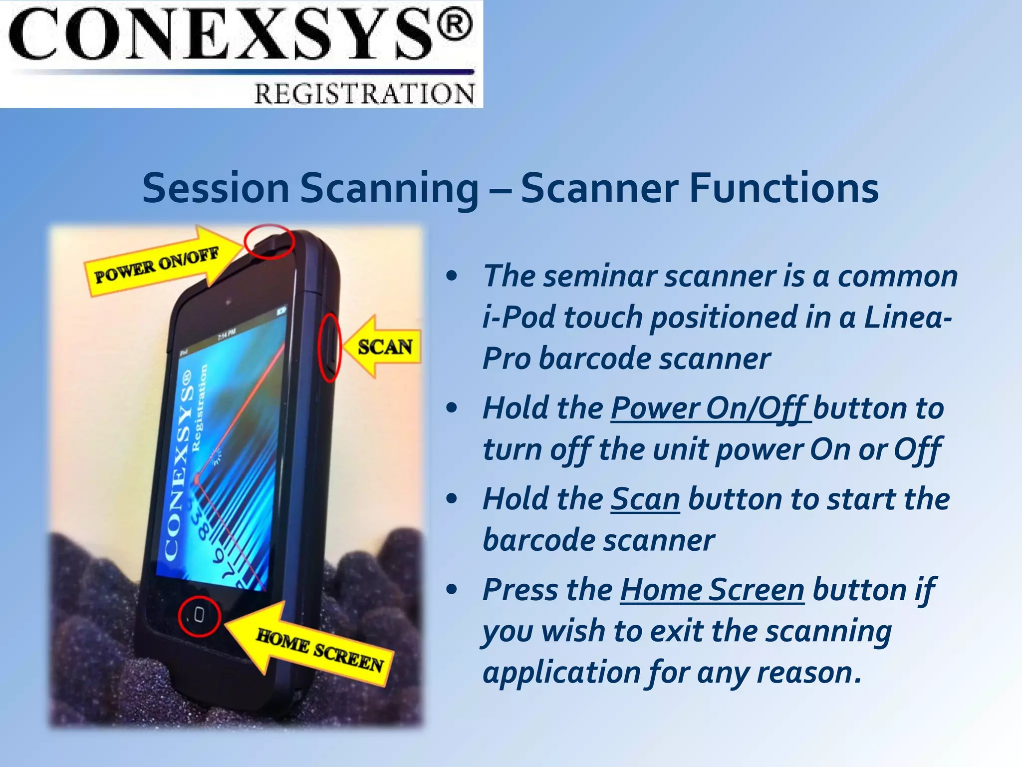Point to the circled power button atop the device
(270, 242)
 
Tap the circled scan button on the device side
(330, 347)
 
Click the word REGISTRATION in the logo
(364, 94)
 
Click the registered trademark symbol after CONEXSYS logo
(454, 26)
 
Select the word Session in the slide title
(216, 188)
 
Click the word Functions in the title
(783, 188)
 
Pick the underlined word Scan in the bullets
(645, 499)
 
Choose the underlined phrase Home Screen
(712, 590)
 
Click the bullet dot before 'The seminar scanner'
(452, 276)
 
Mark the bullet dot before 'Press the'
(452, 590)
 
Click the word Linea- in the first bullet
(908, 318)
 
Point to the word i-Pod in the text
(519, 318)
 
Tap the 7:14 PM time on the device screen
(227, 335)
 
